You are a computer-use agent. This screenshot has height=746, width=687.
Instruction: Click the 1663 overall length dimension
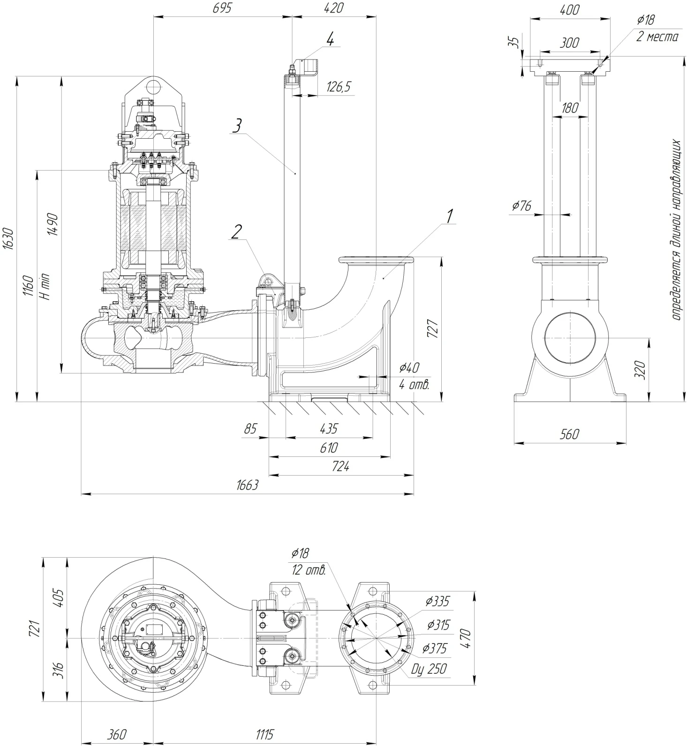pos(248,485)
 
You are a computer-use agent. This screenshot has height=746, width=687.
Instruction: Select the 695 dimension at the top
pos(222,8)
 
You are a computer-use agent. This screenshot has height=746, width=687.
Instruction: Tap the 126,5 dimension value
pos(339,87)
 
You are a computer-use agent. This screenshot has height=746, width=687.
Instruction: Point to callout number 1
pos(450,216)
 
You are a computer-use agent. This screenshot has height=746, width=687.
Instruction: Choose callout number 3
pos(238,125)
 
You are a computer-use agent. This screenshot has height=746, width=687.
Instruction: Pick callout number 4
pos(330,40)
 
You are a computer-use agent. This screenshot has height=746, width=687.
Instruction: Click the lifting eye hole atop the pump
pos(153,86)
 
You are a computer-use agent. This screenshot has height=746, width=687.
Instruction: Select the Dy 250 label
pos(429,669)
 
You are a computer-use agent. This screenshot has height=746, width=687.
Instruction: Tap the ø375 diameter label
pos(434,648)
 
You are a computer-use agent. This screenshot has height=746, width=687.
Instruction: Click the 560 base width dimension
pos(569,434)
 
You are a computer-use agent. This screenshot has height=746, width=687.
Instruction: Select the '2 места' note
pos(657,37)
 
